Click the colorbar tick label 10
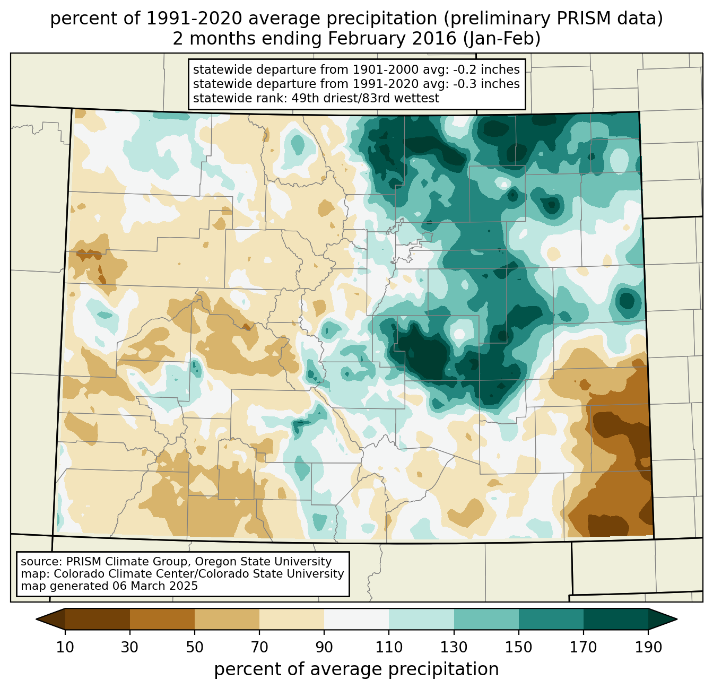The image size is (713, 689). click(65, 648)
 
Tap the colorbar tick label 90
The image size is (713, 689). click(324, 648)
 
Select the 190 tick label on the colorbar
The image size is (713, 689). click(648, 648)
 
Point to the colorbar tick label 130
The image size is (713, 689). click(454, 648)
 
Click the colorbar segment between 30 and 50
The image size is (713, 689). click(162, 619)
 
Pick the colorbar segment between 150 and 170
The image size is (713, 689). click(551, 619)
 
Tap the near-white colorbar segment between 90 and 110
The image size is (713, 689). click(356, 619)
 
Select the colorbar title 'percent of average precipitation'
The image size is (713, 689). click(356, 669)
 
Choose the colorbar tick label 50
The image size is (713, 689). click(195, 648)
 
